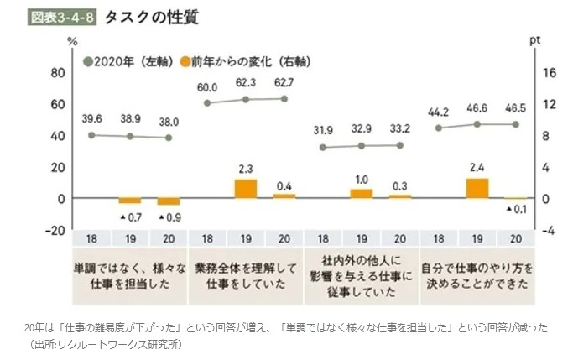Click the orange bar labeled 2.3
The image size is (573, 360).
[245, 189]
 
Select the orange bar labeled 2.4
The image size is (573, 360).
[477, 188]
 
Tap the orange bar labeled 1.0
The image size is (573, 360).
[361, 194]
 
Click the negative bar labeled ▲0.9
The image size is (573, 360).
[169, 201]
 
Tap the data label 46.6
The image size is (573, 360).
[477, 109]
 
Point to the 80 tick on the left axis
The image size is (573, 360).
[57, 73]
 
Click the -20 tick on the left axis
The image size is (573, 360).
[55, 230]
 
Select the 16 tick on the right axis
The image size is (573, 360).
[549, 73]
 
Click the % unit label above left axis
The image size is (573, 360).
[71, 39]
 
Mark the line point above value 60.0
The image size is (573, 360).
[207, 103]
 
